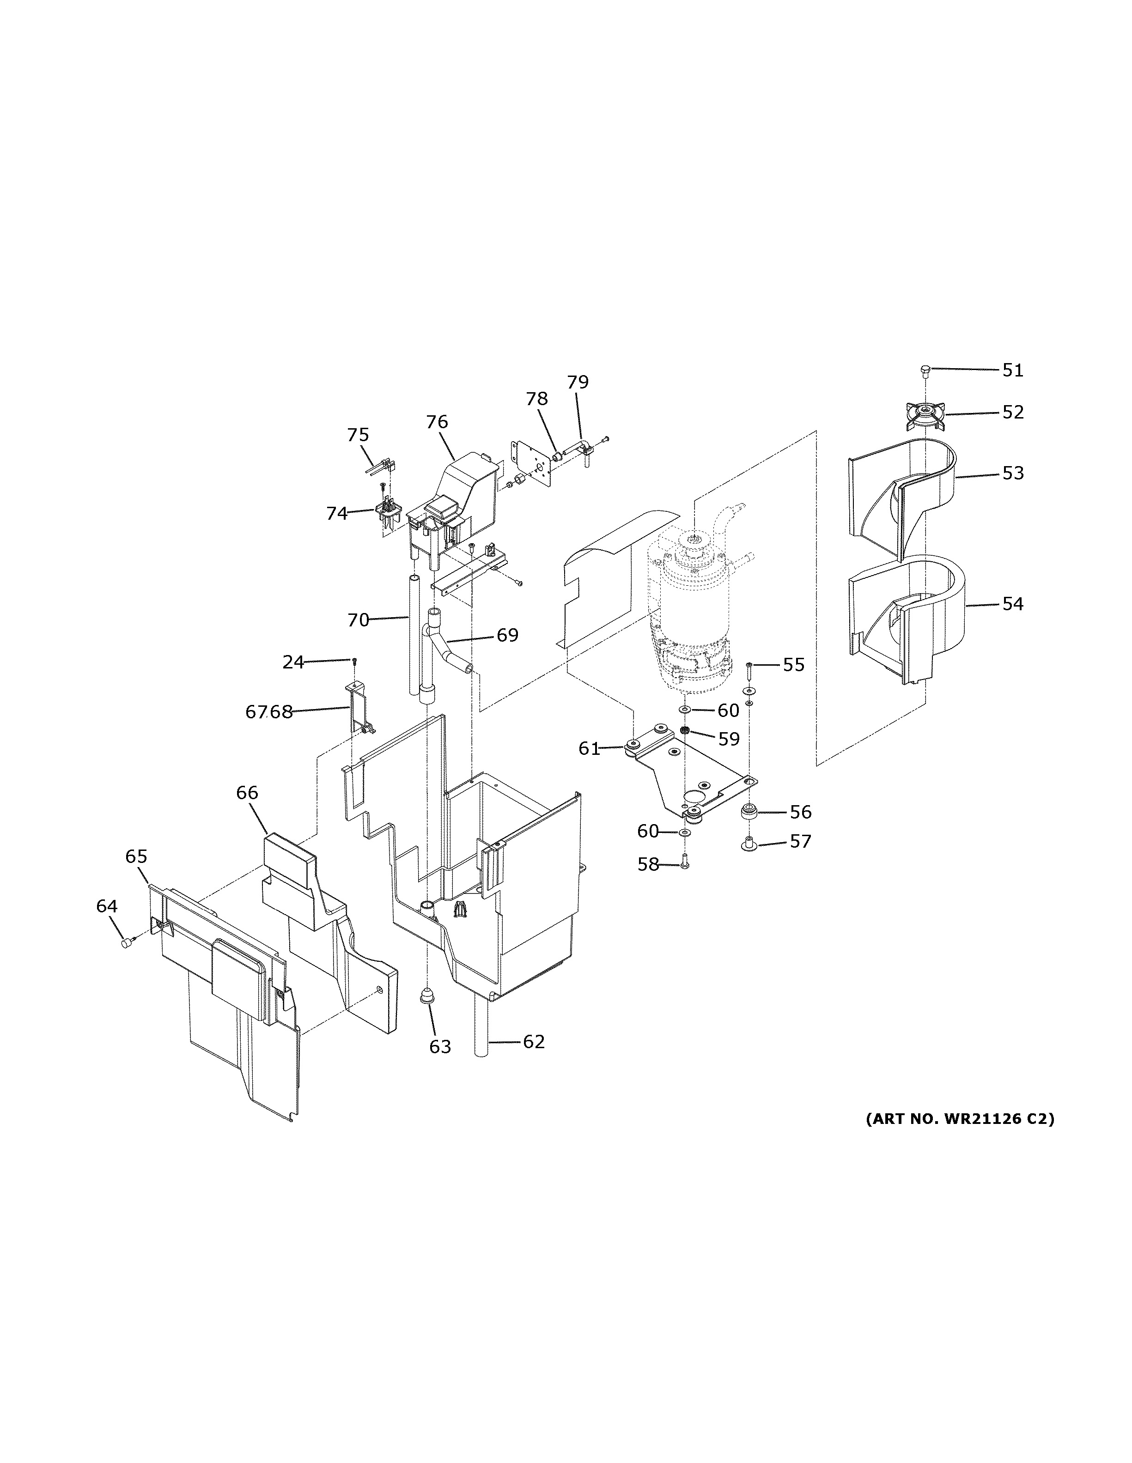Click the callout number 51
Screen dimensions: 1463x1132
(x=1013, y=370)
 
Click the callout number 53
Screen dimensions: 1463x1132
(x=1013, y=473)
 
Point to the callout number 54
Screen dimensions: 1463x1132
(x=1013, y=604)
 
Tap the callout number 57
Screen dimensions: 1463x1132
(x=800, y=841)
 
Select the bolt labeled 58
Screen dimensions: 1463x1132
(x=684, y=865)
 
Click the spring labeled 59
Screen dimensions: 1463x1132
(x=685, y=731)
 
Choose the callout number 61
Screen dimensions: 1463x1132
(x=589, y=749)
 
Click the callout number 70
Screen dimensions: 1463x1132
(x=359, y=620)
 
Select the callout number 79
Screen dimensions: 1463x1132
(x=578, y=382)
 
